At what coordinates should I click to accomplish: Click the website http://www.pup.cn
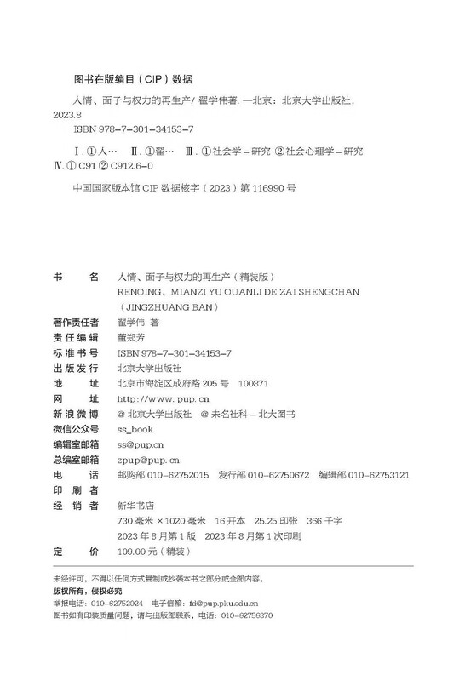tap(157, 398)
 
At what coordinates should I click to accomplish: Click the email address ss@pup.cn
tap(135, 444)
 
